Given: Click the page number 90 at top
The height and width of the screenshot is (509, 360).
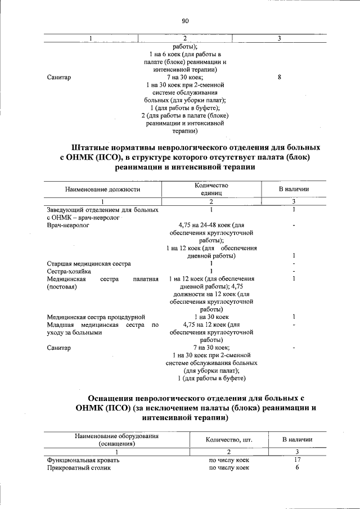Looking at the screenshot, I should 185,21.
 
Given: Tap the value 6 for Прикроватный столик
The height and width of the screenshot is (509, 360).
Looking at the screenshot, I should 297,467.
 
